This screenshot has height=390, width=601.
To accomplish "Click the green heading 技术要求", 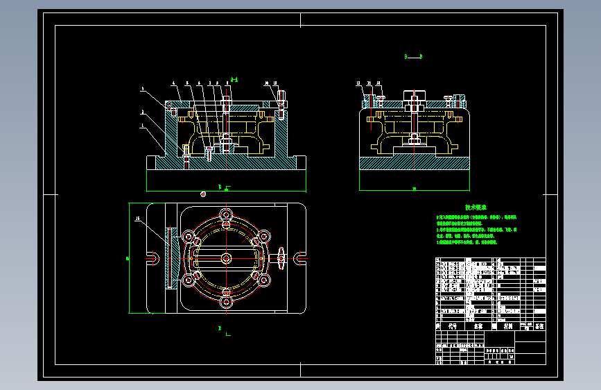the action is coord(476,207).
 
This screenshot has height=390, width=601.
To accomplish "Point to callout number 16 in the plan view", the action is coord(137,219).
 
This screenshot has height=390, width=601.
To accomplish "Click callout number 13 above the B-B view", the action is coord(359,83).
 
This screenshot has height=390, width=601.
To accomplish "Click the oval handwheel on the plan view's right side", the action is coord(281,257).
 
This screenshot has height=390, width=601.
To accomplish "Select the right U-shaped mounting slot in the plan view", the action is coord(300,258).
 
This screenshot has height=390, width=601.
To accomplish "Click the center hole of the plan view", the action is coord(226,257).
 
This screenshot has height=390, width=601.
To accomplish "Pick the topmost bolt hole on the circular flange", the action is coord(226,214).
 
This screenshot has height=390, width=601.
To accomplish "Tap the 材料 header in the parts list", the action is coord(508,325).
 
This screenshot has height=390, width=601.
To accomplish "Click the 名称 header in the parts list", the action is coord(478,325).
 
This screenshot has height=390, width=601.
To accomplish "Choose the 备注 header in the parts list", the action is coord(539,325).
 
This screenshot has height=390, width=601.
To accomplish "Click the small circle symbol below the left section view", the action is coord(203,194).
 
